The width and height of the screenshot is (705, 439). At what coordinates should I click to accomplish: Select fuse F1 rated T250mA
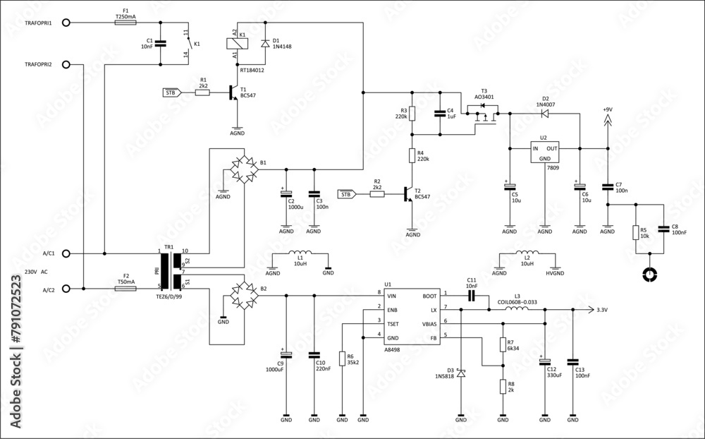pyautogui.click(x=125, y=23)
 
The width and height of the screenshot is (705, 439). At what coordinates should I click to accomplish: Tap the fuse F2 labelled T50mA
pyautogui.click(x=125, y=289)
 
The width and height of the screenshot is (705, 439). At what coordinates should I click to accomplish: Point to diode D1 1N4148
pyautogui.click(x=264, y=44)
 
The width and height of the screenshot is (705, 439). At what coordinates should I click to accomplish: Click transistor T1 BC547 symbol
pyautogui.click(x=233, y=92)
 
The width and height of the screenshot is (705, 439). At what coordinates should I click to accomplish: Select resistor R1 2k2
pyautogui.click(x=202, y=92)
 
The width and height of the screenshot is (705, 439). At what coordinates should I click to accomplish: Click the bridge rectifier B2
pyautogui.click(x=243, y=295)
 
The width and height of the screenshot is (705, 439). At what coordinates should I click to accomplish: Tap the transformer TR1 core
pyautogui.click(x=169, y=271)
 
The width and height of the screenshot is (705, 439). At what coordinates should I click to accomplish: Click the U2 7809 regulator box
pyautogui.click(x=544, y=153)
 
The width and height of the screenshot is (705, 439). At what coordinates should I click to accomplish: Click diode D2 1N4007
pyautogui.click(x=544, y=112)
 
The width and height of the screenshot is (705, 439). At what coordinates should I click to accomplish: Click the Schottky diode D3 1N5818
pyautogui.click(x=460, y=373)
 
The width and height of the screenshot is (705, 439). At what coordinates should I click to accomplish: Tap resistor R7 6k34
pyautogui.click(x=503, y=344)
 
